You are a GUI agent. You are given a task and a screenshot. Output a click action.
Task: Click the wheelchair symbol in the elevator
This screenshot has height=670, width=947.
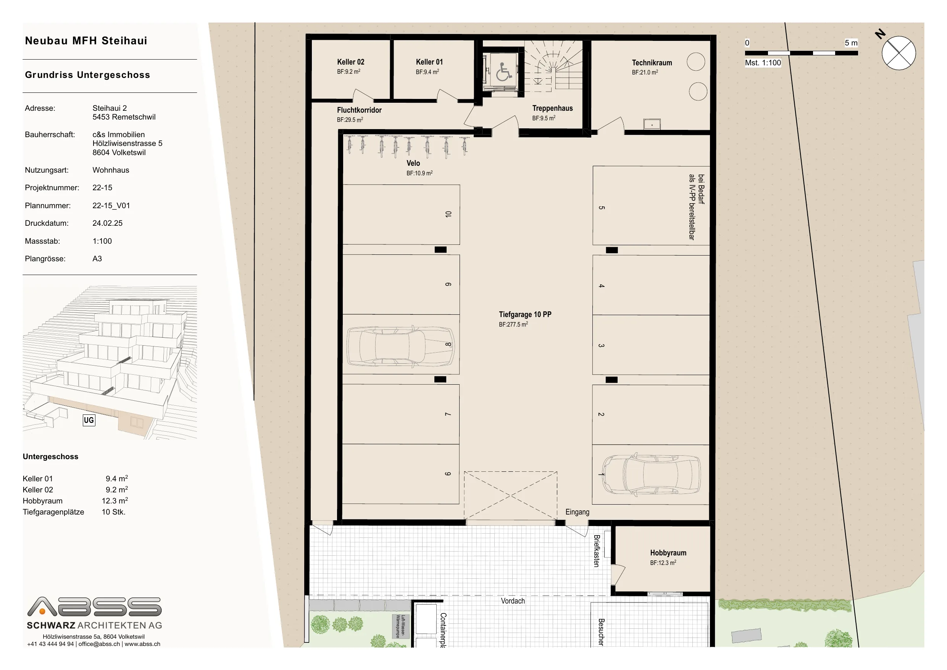[503, 72]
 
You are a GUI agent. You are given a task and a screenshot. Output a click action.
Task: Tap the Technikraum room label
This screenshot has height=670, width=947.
[652, 63]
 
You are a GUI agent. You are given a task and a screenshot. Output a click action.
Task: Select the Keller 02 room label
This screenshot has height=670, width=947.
[350, 62]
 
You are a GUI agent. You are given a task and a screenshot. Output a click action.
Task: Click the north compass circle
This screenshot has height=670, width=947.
[899, 53]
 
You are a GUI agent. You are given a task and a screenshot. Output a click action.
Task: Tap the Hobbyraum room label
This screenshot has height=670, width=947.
[668, 553]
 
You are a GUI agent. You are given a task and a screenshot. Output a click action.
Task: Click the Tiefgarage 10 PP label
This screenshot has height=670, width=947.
[525, 315]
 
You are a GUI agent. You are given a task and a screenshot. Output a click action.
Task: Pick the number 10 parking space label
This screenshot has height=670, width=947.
[448, 214]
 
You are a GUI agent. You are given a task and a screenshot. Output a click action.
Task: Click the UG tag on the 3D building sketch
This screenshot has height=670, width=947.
[89, 420]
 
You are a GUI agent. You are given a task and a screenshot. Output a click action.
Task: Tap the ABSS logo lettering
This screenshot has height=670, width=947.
[94, 607]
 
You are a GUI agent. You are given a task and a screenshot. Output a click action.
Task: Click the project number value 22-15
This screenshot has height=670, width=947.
[102, 188]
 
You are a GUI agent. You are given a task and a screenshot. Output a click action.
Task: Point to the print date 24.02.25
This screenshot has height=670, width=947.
[107, 223]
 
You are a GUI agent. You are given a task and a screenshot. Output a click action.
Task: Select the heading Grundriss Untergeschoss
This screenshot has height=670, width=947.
[87, 75]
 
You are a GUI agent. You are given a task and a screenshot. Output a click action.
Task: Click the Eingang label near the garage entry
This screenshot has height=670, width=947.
[577, 512]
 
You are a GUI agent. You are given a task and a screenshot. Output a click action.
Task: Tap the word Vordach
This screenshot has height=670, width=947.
[513, 601]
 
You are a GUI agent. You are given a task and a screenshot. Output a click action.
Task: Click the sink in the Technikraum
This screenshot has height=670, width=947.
[652, 124]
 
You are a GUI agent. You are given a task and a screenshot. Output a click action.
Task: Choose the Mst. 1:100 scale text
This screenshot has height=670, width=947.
[763, 63]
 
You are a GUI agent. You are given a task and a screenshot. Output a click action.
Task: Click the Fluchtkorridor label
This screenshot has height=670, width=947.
[359, 110]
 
